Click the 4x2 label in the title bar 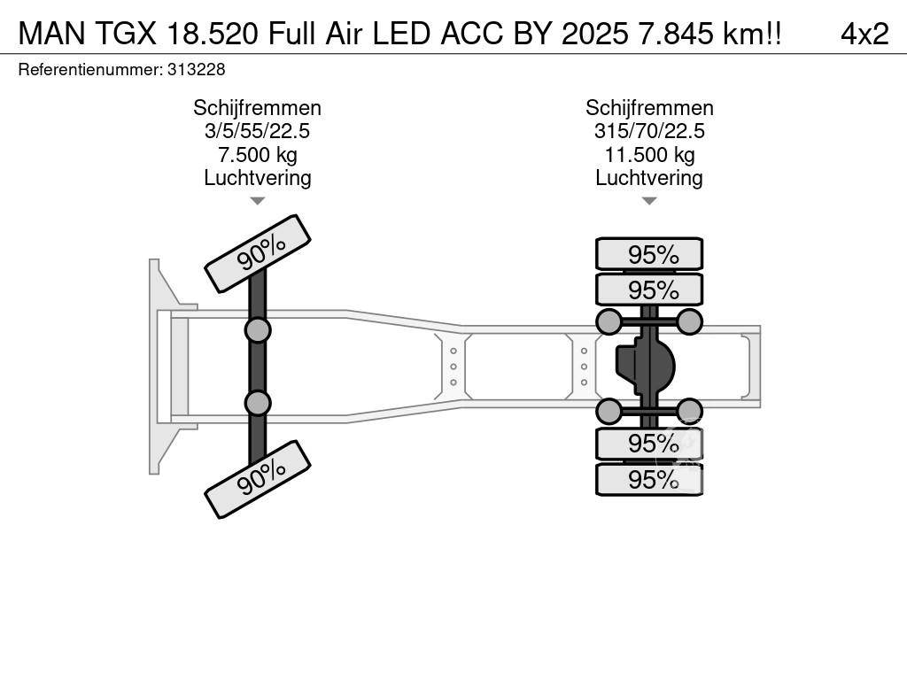[864, 35]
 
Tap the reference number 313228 [196, 70]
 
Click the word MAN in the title [52, 35]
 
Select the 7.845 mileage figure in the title [675, 35]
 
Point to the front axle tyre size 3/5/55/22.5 [258, 131]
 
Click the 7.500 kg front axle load [258, 155]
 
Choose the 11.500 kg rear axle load [649, 155]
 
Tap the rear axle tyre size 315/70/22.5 [649, 131]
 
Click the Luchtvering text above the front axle [258, 178]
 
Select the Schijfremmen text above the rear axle [649, 108]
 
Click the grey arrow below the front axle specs [258, 201]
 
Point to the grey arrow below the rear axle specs [649, 201]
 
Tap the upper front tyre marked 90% [258, 254]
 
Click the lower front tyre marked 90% [258, 479]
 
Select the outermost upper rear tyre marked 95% [649, 254]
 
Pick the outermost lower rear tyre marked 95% [649, 479]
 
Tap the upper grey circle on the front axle [258, 331]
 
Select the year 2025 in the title [594, 35]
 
